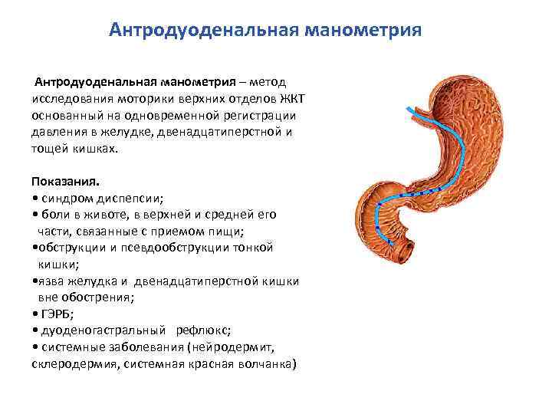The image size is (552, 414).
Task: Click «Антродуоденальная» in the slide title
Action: pos(204,30)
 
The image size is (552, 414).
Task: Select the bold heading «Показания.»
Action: pos(66,181)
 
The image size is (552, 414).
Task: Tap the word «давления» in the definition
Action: pos(56,132)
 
